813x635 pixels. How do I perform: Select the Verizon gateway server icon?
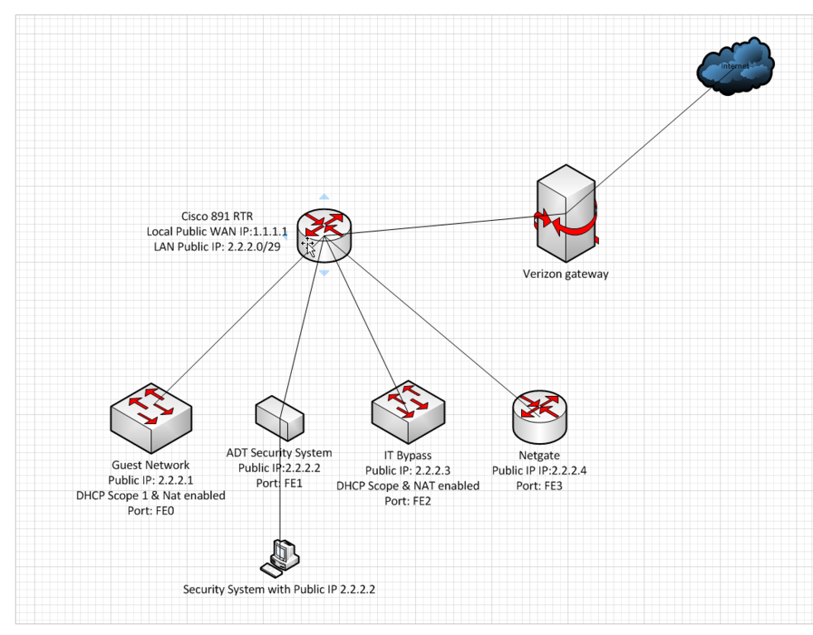click(566, 212)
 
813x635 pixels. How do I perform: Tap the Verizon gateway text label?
click(566, 274)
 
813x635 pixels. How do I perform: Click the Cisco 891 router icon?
click(324, 231)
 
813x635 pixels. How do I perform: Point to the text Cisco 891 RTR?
click(217, 217)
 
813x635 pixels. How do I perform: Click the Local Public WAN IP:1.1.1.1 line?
click(218, 232)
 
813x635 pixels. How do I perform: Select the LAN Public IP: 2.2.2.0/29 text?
click(218, 246)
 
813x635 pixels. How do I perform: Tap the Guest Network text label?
click(151, 466)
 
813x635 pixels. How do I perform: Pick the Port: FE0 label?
click(151, 511)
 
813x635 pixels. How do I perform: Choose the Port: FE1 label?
click(280, 483)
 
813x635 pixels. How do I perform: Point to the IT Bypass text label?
click(407, 456)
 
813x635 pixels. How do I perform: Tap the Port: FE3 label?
click(539, 485)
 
